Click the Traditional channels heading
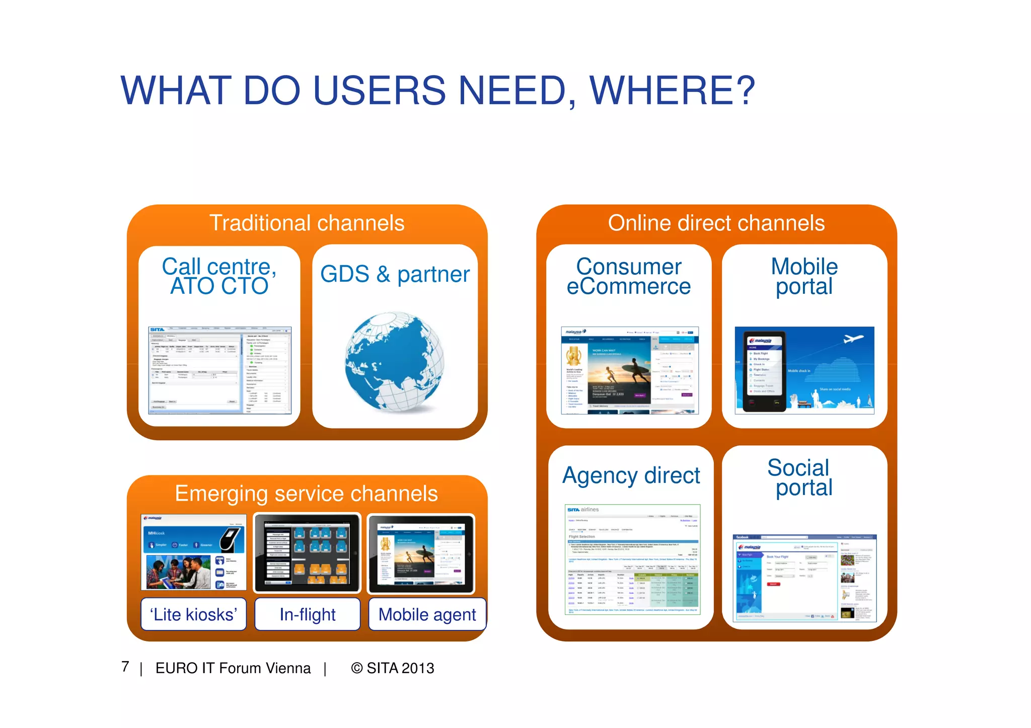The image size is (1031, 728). [x=307, y=223]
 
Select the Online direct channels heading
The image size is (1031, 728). [x=716, y=223]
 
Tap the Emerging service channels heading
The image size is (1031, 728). [x=306, y=494]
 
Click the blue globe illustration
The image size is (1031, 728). [x=395, y=361]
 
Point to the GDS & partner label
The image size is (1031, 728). [x=395, y=274]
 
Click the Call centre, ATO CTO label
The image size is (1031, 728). [x=219, y=276]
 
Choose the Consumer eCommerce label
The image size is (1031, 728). [x=629, y=276]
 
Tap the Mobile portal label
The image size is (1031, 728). [x=804, y=276]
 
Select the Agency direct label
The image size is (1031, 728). [x=631, y=475]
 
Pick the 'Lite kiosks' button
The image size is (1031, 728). [x=194, y=614]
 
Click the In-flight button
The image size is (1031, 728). [x=308, y=614]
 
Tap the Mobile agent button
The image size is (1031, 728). [x=427, y=614]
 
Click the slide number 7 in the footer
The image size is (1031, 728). [x=125, y=667]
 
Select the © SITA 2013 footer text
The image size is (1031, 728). [x=393, y=668]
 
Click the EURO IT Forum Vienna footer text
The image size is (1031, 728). [x=233, y=668]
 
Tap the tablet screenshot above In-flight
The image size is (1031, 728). [x=308, y=553]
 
